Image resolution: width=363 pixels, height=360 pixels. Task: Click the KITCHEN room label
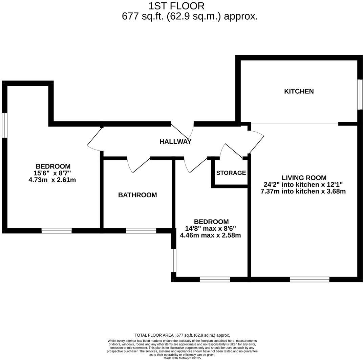coord(299,91)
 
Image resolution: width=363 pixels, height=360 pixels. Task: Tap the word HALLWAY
coord(175,141)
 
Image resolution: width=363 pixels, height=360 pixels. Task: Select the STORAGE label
coord(231,173)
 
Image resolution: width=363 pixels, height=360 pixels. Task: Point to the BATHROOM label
coord(137,195)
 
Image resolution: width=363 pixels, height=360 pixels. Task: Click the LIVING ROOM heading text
coord(304,178)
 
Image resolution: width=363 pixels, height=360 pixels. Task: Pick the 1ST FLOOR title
coord(176,6)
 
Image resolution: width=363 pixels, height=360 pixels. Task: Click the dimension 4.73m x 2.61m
coord(52,180)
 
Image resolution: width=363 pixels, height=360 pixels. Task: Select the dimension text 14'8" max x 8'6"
coord(211,228)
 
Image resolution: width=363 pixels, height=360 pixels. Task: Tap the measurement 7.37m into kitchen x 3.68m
coord(303,191)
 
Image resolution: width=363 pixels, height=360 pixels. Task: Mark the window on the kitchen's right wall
coord(360,94)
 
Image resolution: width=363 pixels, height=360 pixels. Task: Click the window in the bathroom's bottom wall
coord(141,231)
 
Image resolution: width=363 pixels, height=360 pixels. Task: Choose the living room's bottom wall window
coord(309,279)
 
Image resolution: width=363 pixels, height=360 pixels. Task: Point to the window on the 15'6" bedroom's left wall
coord(4,125)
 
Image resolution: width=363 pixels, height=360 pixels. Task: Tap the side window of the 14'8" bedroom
coord(173,260)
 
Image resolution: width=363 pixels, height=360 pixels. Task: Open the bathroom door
coord(138,165)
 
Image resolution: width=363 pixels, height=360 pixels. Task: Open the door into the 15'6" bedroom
coord(95,139)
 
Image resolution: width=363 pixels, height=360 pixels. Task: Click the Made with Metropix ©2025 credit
coord(182,358)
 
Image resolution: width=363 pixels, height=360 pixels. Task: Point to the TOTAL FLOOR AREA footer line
coord(182,335)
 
